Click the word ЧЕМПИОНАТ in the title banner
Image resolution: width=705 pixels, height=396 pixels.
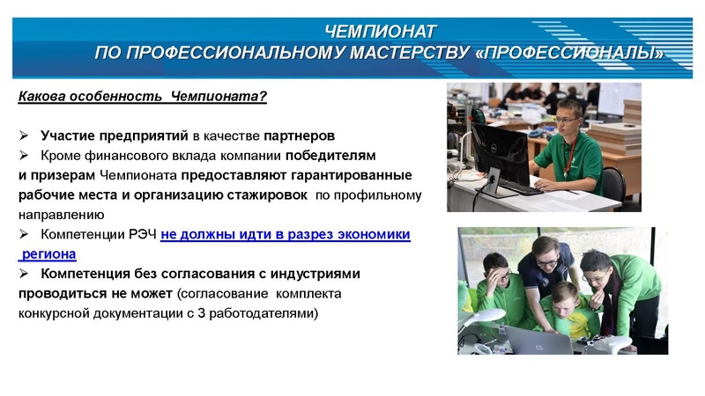click(x=380, y=33)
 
